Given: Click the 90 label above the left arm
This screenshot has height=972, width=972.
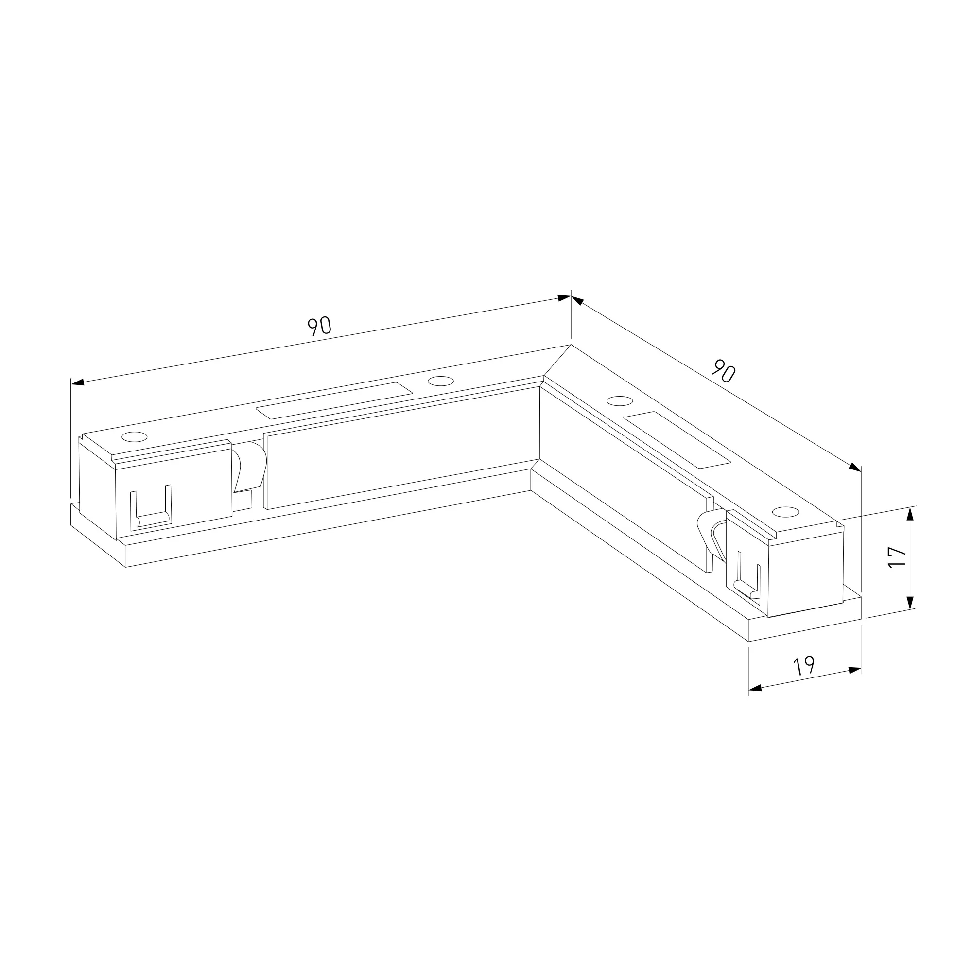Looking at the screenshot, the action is tap(319, 326).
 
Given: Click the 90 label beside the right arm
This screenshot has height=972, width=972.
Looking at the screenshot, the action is tap(724, 371).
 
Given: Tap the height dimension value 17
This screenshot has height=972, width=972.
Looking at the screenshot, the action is tap(897, 557).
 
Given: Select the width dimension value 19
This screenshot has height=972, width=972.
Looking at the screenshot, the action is tap(803, 666).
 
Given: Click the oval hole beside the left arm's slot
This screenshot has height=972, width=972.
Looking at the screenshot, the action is tap(440, 381).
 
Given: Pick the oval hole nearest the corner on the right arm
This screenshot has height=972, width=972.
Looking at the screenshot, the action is tap(620, 401).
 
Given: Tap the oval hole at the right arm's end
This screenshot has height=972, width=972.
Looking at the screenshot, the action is tap(786, 512).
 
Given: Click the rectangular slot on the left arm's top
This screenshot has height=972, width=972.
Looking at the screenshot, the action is tap(334, 400).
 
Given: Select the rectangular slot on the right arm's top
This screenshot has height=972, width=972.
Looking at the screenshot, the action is tap(677, 440).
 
